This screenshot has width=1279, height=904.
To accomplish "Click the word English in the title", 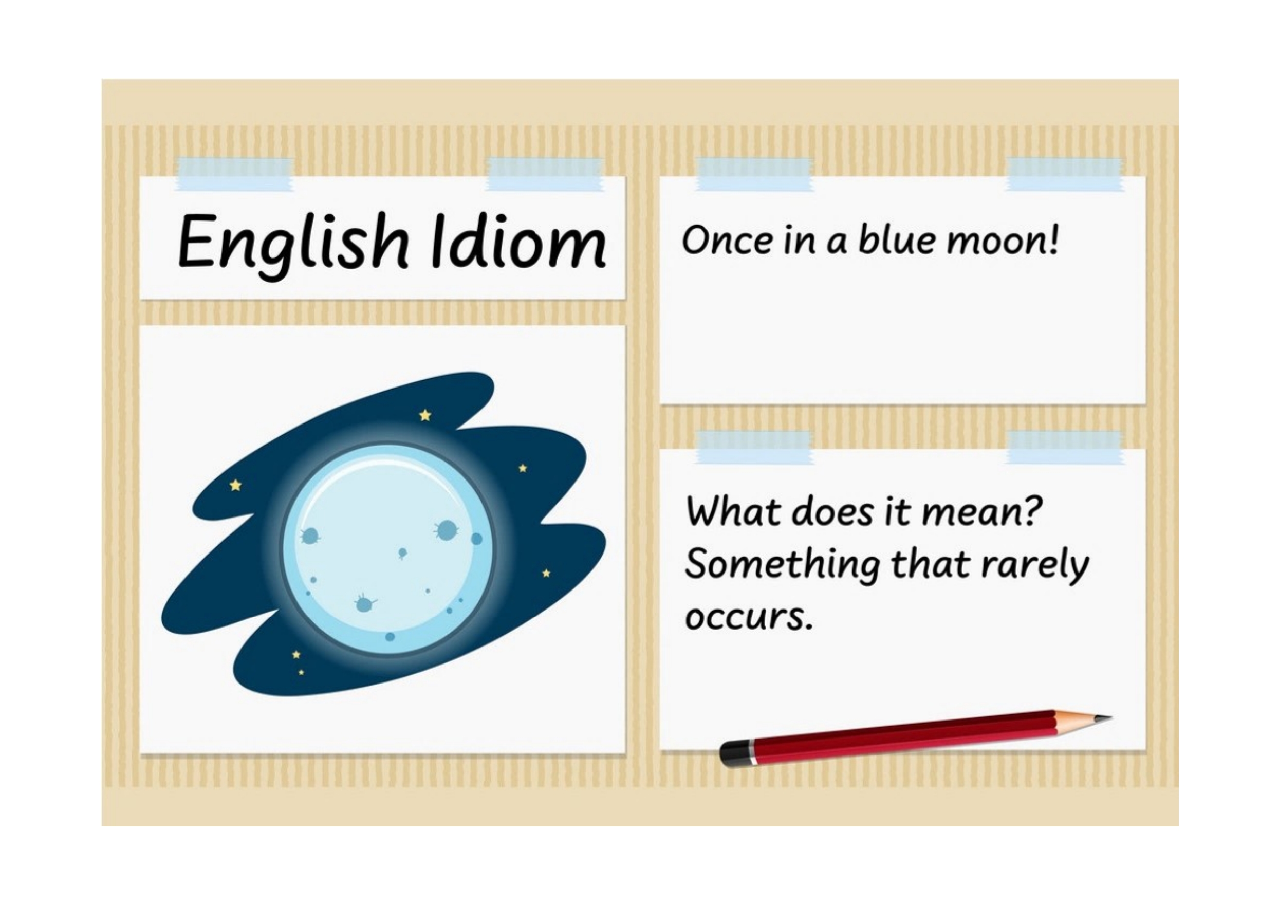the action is point(293,245).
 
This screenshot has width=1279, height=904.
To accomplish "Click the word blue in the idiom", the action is point(895,239).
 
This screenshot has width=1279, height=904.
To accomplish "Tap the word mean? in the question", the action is point(981,512).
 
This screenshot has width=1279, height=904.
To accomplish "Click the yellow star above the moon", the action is point(425,415).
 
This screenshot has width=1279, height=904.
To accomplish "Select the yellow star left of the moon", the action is point(236,485).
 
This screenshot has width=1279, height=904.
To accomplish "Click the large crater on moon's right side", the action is point(446,530).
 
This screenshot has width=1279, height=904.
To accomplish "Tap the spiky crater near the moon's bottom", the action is point(364,603).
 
